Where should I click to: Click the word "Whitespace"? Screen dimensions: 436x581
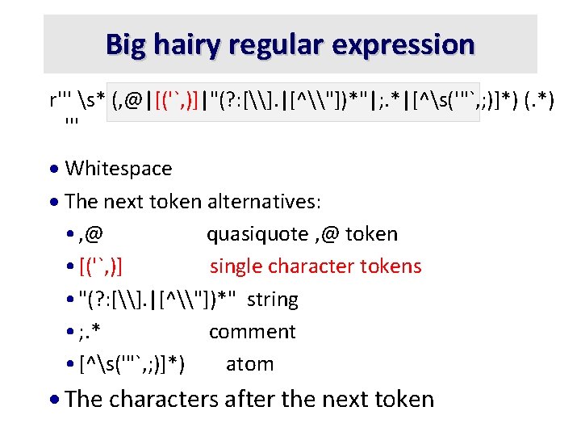pos(118,169)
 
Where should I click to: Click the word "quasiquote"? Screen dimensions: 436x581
pos(257,234)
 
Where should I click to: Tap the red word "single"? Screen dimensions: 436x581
pos(235,266)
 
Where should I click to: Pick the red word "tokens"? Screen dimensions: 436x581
pos(392,266)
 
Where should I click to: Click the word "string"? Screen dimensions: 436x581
pos(272,300)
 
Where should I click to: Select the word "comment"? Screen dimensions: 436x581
pos(252,332)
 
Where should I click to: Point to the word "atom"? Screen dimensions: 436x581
pos(249,364)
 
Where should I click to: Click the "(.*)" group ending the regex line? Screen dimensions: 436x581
pos(537,103)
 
